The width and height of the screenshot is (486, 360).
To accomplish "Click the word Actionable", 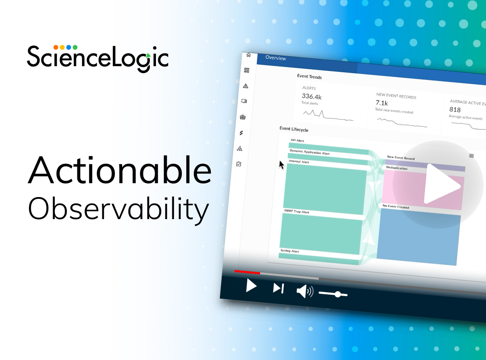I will coord(120,169).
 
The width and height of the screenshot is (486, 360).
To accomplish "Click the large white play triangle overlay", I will coord(441,184).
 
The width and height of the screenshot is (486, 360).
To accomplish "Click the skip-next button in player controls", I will coord(279,288).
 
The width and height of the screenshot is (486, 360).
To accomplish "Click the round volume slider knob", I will coord(338,294).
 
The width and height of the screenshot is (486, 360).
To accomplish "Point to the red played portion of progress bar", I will coord(247,272).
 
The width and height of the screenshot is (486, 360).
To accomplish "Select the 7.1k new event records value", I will coord(381,103).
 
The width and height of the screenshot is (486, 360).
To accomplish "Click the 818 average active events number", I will coord(455,110).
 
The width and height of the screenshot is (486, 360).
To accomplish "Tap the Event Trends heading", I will coord(309,77).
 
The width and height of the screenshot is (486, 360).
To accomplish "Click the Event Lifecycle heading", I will coord(294,129).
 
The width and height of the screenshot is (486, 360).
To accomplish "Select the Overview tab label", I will coord(276,58).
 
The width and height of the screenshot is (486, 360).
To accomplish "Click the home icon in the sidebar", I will coord(248,55).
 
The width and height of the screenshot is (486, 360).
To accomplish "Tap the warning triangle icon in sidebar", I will coord(246,86).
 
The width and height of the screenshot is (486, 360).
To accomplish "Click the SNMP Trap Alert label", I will coord(296,212).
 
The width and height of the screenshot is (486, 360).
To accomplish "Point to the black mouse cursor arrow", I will coord(282,165).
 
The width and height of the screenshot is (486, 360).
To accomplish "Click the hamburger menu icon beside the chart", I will coord(472,156).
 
